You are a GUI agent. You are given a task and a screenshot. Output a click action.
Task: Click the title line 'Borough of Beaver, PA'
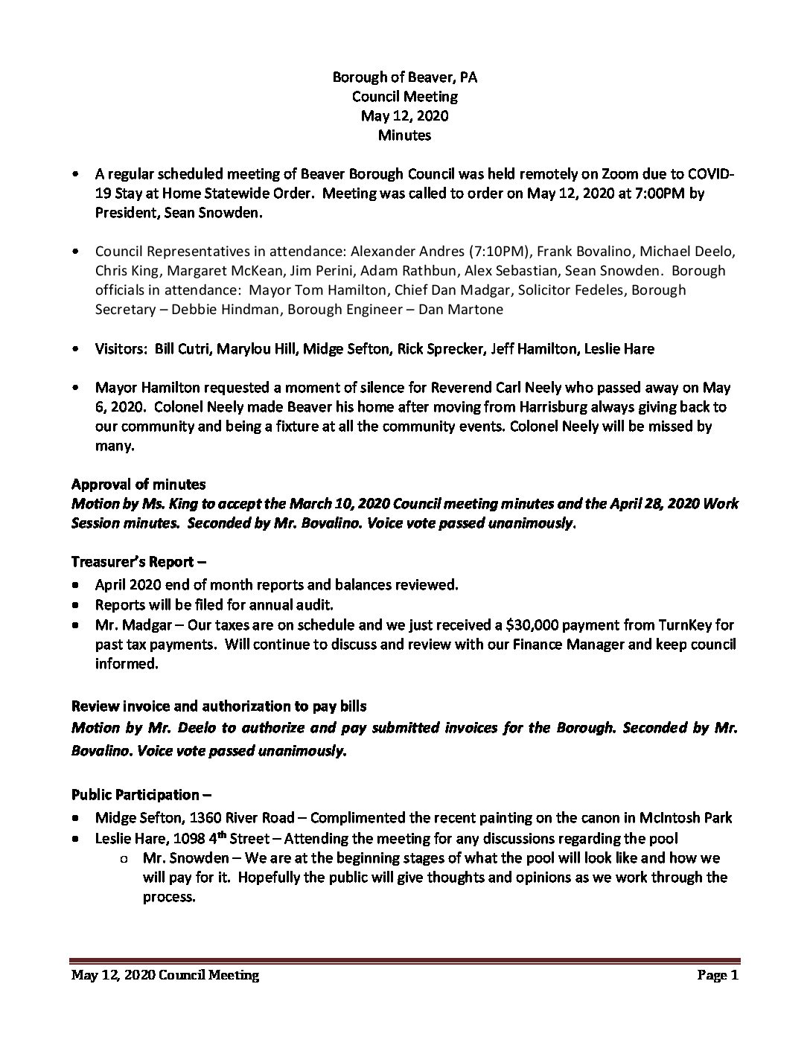404,77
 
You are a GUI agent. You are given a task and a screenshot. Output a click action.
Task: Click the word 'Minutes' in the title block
404,135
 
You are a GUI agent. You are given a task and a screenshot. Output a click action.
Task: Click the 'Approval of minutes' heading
138,485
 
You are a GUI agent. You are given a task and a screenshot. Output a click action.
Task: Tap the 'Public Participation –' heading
135,795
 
